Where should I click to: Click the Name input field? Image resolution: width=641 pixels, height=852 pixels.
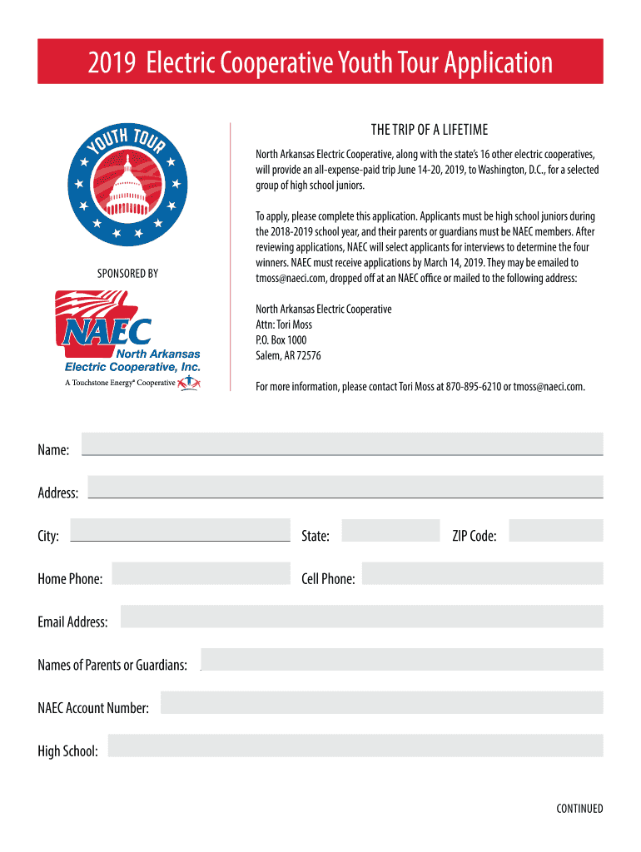point(341,443)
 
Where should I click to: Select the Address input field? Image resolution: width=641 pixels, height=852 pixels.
point(345,487)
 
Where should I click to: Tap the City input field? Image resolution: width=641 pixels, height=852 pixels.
point(181,530)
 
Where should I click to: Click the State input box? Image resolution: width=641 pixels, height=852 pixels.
point(390,530)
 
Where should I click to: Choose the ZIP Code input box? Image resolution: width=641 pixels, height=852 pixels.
point(555,530)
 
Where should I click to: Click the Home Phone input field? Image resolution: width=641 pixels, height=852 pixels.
point(201,573)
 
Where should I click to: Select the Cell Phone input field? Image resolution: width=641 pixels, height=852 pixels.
point(482,573)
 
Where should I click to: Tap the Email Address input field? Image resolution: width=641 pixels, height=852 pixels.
point(361,617)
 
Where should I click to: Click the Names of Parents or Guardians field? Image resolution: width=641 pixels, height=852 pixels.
point(401,660)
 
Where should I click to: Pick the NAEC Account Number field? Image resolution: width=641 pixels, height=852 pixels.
point(381,703)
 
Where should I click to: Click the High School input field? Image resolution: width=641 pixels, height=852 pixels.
point(355,746)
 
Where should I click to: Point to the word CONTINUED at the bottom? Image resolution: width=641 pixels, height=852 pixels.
point(579,808)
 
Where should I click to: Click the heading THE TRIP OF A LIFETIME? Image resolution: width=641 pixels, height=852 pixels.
point(429,130)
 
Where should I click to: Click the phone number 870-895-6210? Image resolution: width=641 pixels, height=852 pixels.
point(473,387)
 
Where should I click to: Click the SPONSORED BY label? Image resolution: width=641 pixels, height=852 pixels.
point(127,273)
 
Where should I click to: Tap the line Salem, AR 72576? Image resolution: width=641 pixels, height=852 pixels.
point(288,356)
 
